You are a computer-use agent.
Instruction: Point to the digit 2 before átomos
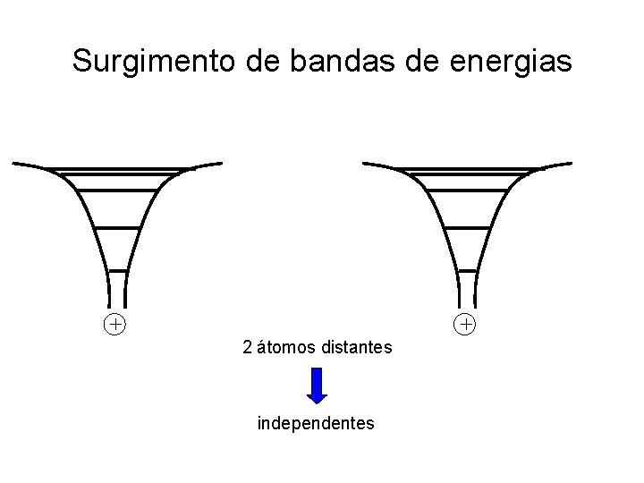248,347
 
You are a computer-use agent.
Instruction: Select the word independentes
316,423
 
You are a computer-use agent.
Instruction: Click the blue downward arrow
317,386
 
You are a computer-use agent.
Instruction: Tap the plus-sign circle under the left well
114,323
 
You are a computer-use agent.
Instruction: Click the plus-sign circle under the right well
465,323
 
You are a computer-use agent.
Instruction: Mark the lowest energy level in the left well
117,270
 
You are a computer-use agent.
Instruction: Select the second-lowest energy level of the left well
117,228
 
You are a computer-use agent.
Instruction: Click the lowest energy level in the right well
468,270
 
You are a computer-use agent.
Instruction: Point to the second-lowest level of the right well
468,228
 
